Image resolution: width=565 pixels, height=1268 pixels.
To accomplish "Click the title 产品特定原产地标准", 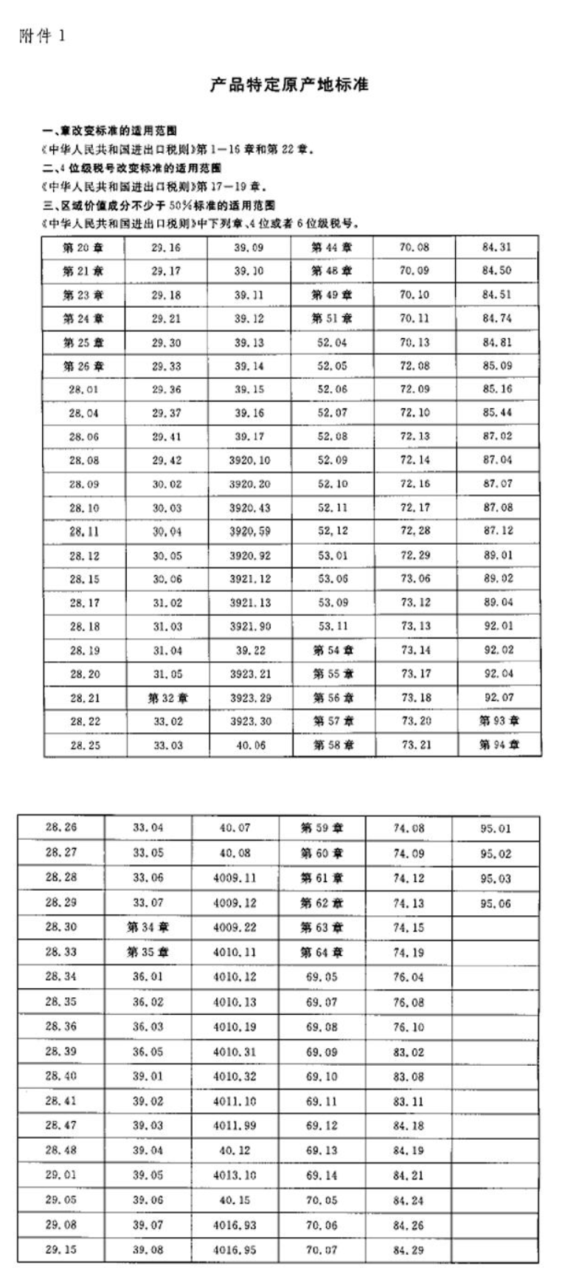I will coord(289,85).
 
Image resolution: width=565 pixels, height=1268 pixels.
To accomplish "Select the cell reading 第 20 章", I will coord(83,247).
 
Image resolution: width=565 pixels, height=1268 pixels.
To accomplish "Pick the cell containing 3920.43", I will coord(250,508).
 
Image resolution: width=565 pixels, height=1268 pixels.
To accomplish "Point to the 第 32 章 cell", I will coord(167,697).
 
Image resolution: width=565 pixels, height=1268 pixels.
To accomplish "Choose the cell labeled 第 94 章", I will coord(499,745).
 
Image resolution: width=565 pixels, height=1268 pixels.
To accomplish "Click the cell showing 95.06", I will coord(495,903).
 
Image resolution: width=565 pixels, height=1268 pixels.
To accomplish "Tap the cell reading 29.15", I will coord(60,1250).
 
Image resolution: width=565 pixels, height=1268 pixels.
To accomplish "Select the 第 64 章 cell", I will coord(322,952).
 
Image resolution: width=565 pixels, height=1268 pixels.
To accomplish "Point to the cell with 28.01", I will coord(83,390).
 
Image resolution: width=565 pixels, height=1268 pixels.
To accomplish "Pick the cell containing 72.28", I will coord(415,531).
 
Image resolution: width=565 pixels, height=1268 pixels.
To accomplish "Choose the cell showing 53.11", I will coord(333,626).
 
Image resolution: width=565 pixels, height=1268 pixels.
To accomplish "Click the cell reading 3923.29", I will coord(250,697).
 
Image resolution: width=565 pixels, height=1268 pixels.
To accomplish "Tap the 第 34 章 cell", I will coord(148,927).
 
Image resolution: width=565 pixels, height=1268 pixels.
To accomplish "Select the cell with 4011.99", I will coord(235,1126).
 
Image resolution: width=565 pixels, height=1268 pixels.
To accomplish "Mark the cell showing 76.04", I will coord(409,977).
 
